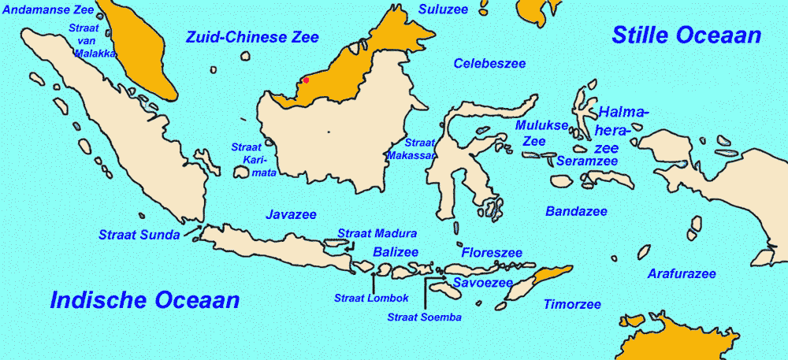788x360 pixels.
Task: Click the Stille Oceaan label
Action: (686, 35)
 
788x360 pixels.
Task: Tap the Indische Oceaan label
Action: (144, 299)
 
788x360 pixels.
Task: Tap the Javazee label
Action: (291, 214)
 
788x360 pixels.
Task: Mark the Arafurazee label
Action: (682, 274)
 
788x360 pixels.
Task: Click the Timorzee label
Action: (572, 304)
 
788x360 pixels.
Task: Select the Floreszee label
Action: (492, 253)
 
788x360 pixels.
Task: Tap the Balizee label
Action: (395, 252)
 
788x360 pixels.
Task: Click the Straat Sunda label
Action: (139, 234)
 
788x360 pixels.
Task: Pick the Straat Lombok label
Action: (371, 298)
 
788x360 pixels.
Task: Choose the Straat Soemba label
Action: (424, 317)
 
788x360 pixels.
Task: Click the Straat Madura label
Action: (377, 233)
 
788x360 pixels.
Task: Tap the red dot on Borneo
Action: (306, 80)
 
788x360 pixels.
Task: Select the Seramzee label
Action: (587, 161)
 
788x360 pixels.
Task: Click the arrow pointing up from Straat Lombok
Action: (373, 281)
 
